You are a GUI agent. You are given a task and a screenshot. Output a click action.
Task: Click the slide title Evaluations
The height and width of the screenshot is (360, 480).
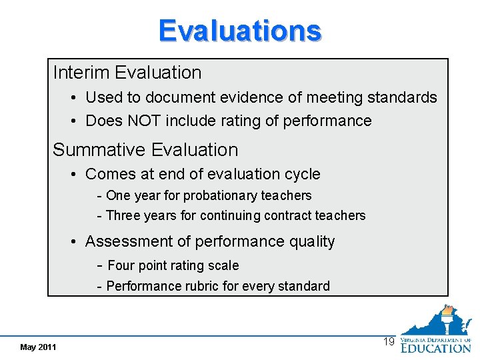point(240,31)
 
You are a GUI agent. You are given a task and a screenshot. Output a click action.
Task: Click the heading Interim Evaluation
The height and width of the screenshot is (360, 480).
point(127,72)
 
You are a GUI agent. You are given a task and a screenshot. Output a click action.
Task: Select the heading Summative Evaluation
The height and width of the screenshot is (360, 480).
point(145,150)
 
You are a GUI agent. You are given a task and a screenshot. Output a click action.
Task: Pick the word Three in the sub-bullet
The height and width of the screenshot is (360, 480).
point(123,215)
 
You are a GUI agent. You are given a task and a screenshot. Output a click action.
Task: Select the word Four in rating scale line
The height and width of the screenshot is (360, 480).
point(121,265)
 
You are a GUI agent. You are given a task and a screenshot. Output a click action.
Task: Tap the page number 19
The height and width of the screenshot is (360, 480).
point(389,342)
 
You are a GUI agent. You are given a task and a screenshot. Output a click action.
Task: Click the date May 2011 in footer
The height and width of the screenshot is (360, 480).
point(38,347)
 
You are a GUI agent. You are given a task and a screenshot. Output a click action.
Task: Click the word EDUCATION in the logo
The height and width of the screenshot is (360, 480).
point(436,347)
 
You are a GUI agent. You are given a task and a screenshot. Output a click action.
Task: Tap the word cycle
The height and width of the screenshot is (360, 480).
point(303,174)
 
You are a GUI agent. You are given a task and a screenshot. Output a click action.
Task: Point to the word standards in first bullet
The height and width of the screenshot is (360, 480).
point(400,97)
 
